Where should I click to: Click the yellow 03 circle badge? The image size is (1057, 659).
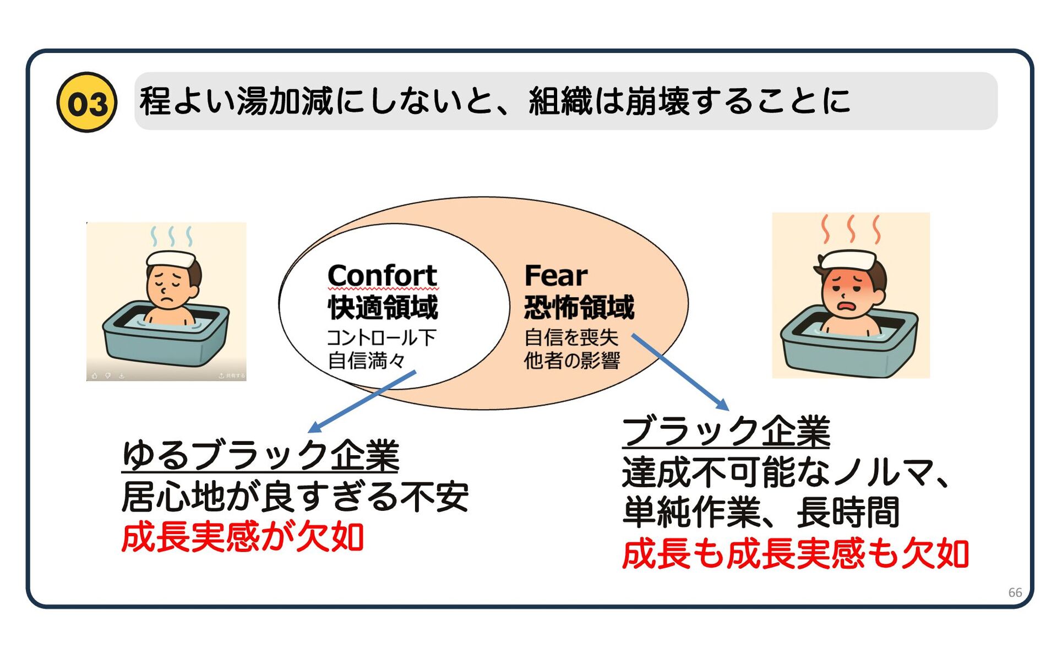pos(86,102)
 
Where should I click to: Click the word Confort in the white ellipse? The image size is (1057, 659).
pos(383,275)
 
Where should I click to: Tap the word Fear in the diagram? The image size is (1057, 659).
pos(555,275)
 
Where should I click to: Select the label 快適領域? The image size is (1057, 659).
pos(383,307)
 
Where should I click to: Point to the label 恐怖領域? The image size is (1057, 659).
pos(579,307)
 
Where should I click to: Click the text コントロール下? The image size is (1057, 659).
pos(382,337)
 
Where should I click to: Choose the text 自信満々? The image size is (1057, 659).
pos(367,361)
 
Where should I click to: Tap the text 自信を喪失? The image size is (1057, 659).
pos(571,337)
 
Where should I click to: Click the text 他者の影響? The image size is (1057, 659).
pos(571,361)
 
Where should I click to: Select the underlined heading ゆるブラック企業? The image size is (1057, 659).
pos(260,455)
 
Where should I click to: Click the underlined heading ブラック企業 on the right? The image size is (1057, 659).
pos(726,431)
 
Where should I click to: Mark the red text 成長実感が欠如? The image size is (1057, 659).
pos(242,537)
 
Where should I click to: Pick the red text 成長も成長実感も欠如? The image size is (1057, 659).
pos(795,554)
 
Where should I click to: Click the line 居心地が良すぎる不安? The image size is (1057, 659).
pos(295,497)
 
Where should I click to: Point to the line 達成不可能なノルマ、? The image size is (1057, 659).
pos(786,472)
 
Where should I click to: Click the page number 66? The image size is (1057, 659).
pos(1015,592)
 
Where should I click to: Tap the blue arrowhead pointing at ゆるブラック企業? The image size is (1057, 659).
pos(313,428)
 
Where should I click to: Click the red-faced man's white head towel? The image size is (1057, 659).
pos(848,259)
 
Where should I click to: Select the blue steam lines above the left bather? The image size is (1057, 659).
pos(172,236)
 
